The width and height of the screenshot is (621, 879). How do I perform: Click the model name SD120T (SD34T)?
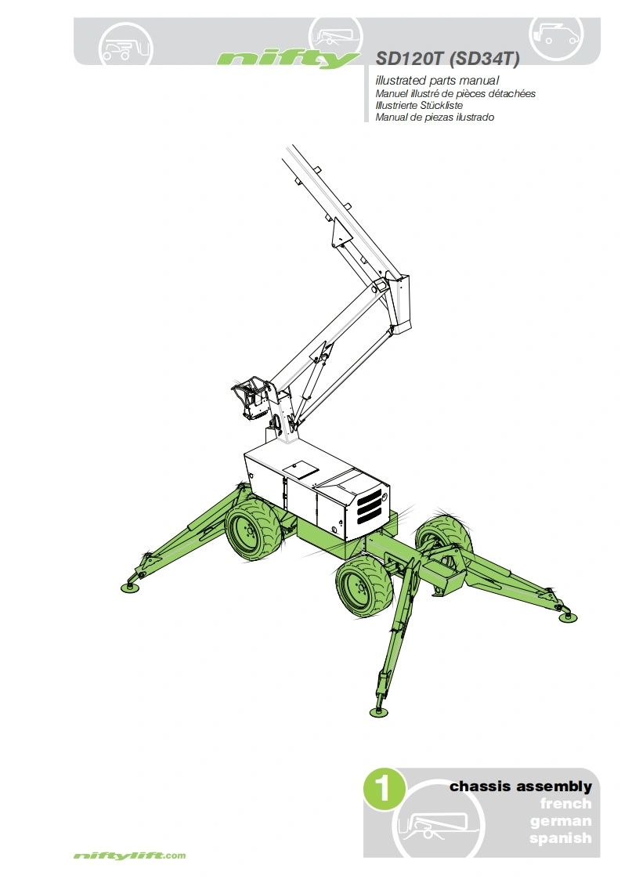click(x=447, y=58)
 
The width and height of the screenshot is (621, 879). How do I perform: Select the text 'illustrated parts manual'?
click(x=437, y=80)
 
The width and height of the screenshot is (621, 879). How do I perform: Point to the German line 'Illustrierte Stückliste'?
click(x=419, y=106)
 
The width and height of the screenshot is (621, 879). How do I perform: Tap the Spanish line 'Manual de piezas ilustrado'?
click(x=435, y=118)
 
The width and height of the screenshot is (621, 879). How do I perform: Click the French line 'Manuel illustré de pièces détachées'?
click(x=455, y=93)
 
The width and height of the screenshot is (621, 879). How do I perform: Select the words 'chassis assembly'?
click(x=521, y=786)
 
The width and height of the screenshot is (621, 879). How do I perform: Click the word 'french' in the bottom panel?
click(x=565, y=803)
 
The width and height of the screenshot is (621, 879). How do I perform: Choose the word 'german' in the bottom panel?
click(x=561, y=821)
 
